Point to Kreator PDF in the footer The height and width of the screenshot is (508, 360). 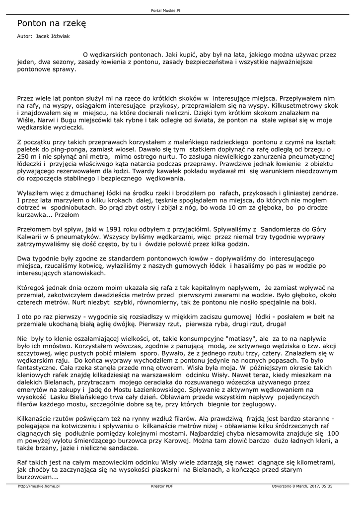pyautogui.click(x=162, y=486)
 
